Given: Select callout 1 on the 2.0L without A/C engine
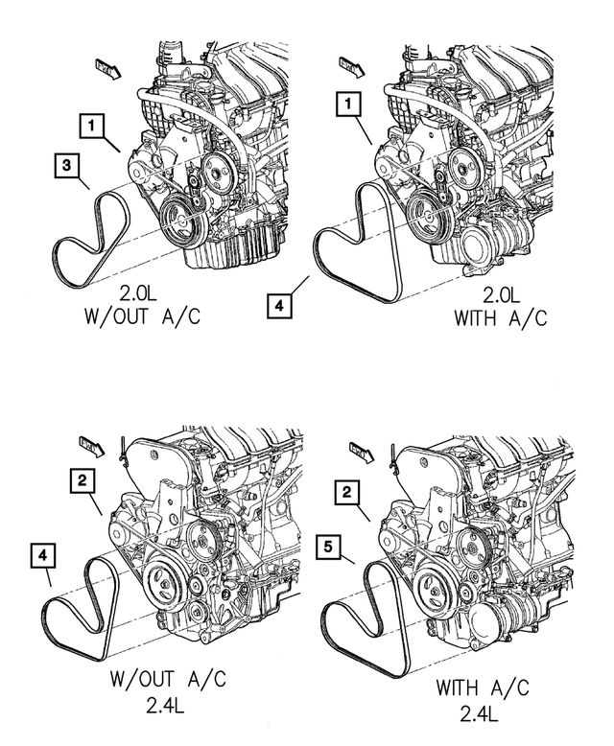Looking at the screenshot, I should coord(91,125).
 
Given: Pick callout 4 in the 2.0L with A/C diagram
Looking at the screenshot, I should coord(276,307).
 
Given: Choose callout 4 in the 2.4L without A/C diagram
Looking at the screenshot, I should coord(43,553).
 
